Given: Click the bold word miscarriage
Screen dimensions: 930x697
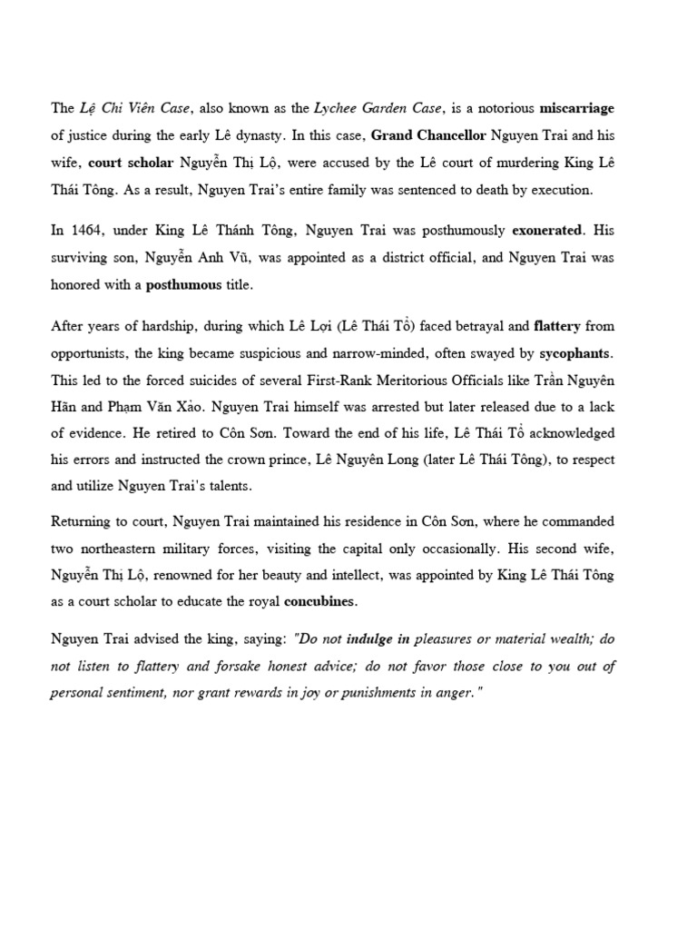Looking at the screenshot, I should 576,108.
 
